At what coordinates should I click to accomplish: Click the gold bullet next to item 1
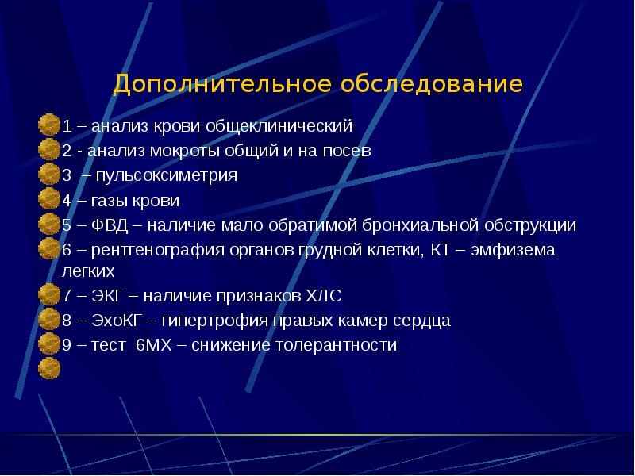(49, 125)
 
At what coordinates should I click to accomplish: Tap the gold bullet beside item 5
(49, 225)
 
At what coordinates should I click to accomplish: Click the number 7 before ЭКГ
(67, 297)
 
